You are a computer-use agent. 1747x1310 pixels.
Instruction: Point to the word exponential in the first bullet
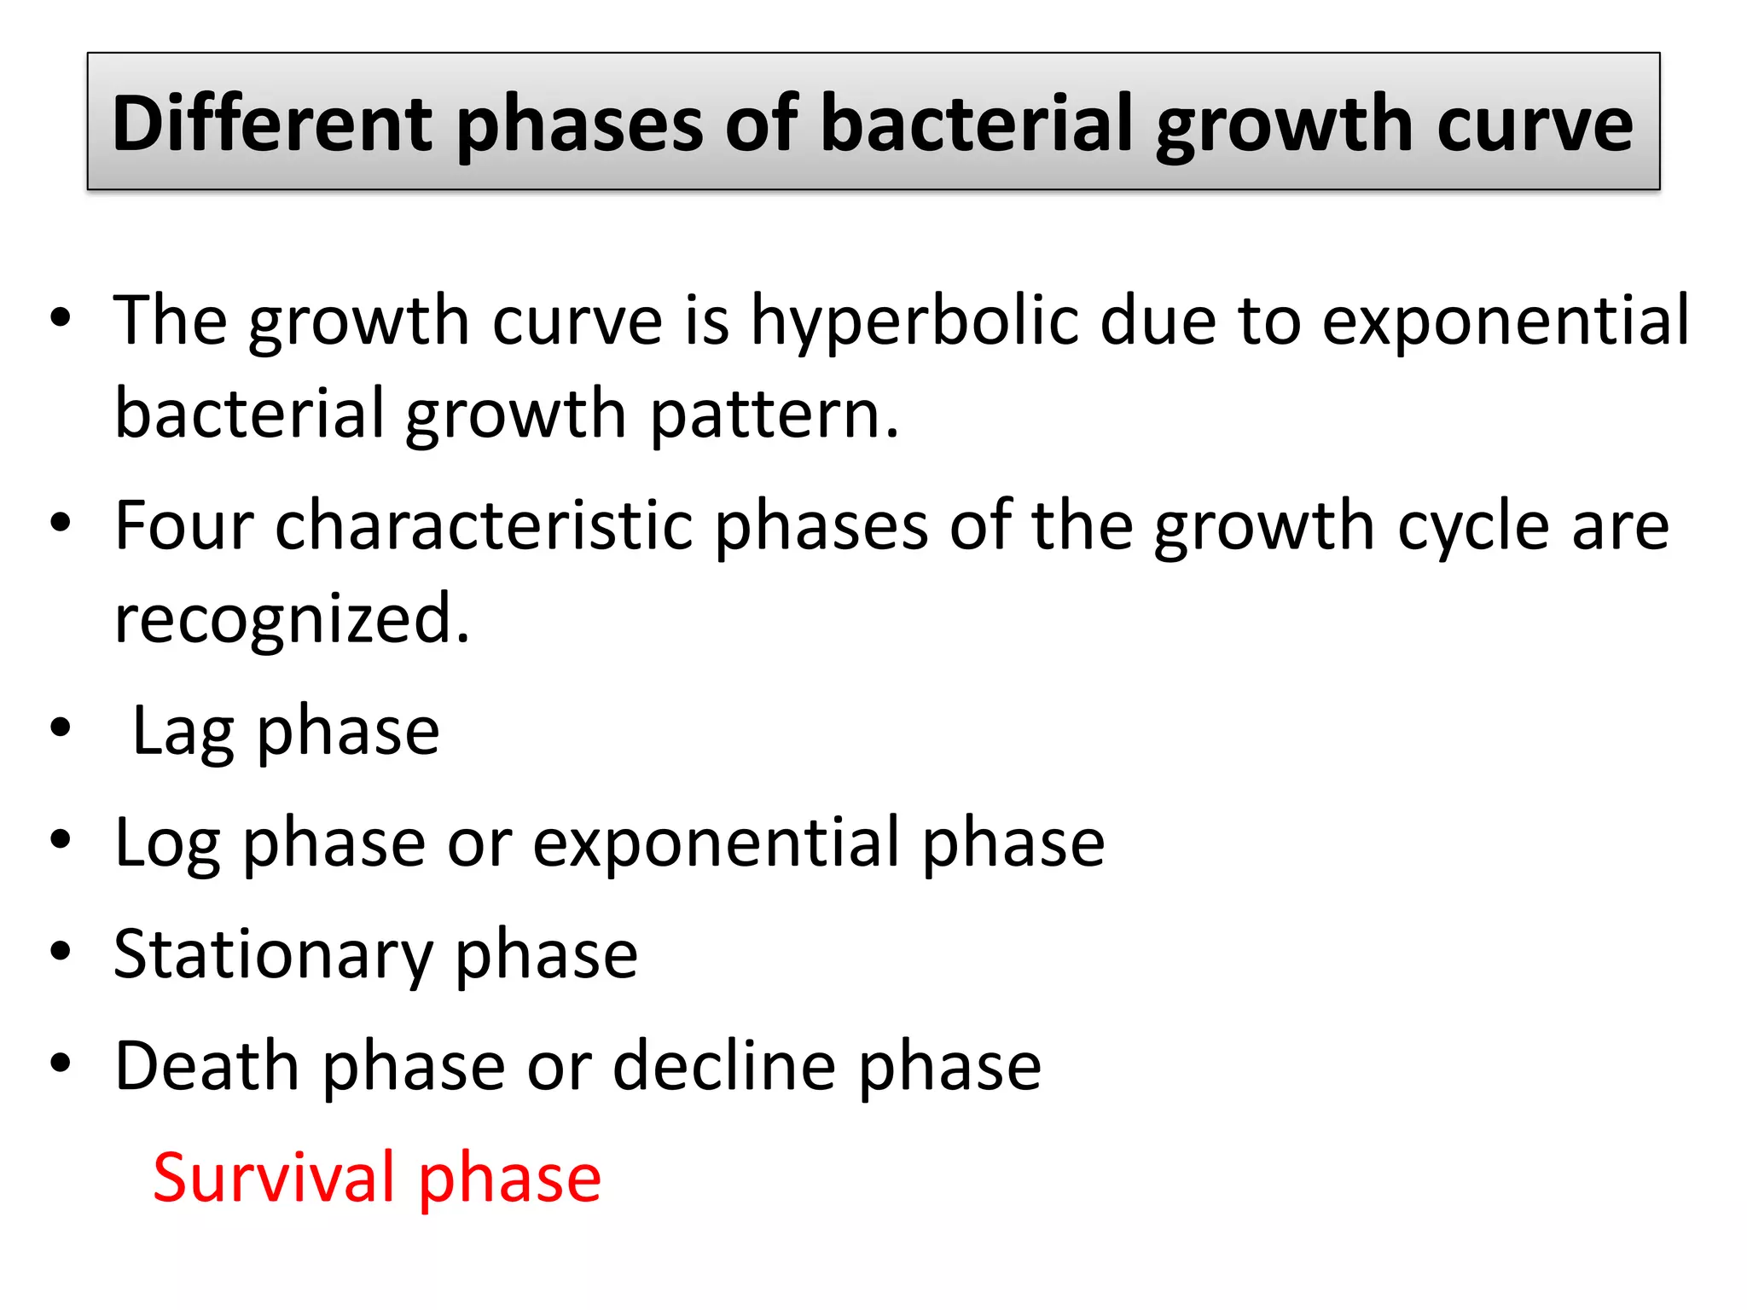(x=1506, y=322)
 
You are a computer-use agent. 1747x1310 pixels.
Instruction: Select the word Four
(x=184, y=525)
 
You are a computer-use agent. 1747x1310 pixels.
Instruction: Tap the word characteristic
(x=484, y=525)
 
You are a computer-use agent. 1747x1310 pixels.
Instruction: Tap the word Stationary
(x=274, y=955)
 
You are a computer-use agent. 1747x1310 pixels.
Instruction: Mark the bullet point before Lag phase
(x=61, y=728)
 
